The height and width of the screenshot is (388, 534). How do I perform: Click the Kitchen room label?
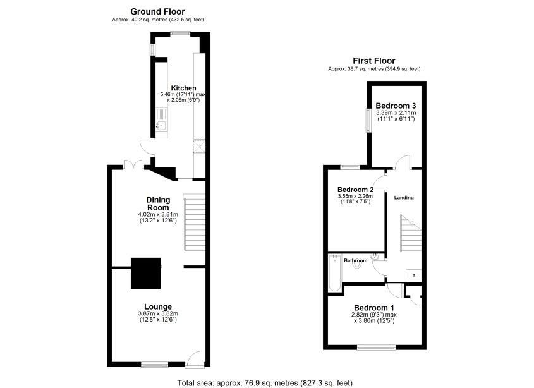coord(183,88)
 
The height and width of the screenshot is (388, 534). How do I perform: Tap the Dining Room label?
coord(158,203)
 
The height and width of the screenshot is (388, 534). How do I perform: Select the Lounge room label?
coord(157,307)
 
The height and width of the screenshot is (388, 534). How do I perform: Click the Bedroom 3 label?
coord(396,106)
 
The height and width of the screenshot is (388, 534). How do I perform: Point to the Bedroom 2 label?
coord(355,190)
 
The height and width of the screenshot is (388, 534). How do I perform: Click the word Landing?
coord(404,198)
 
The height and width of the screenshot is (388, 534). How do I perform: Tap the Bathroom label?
coord(355,260)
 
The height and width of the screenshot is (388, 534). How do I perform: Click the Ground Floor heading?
coord(157,11)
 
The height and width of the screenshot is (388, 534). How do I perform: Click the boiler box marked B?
coord(413,276)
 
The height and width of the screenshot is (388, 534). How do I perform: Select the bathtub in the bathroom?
coord(333,274)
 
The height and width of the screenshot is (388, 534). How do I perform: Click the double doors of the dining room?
coord(133,164)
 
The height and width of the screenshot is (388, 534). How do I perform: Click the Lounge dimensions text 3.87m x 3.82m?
coord(158,314)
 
